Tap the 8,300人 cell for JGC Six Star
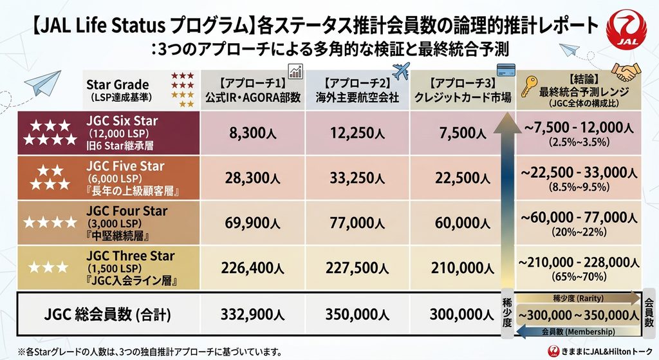point(252,133)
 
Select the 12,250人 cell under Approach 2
point(357,133)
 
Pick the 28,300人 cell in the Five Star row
point(252,178)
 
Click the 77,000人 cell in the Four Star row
point(357,223)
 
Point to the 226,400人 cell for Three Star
point(252,268)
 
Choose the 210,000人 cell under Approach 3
point(462,268)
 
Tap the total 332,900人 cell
point(252,314)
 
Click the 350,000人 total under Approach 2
point(357,314)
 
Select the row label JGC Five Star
point(125,166)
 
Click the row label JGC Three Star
point(130,256)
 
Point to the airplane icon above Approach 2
point(400,71)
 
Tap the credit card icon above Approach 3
point(506,70)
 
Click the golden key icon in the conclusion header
point(529,86)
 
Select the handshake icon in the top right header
point(626,72)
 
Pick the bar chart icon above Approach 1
point(295,71)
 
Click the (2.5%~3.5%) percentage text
point(579,142)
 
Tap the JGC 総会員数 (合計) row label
point(107,314)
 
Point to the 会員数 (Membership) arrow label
point(579,332)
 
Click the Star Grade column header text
point(117,84)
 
